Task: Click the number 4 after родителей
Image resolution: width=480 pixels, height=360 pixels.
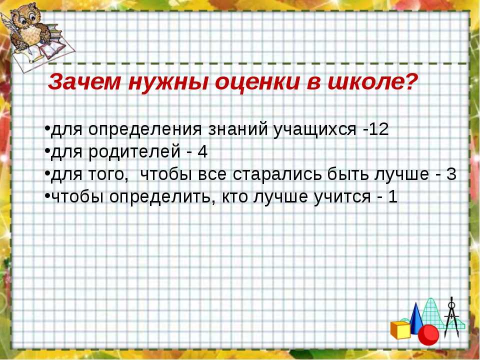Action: pos(202,152)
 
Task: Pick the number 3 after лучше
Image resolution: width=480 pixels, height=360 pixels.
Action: pos(451,174)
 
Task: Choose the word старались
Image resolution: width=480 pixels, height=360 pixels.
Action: pos(277,174)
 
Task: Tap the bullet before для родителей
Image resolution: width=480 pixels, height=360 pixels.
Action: pos(47,150)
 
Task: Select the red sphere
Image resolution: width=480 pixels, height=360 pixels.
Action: pos(428,335)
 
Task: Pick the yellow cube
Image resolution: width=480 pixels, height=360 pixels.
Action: pos(400,330)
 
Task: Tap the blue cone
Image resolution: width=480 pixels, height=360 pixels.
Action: pos(415,318)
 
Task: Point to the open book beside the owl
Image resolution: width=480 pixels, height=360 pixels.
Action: pos(52,48)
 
